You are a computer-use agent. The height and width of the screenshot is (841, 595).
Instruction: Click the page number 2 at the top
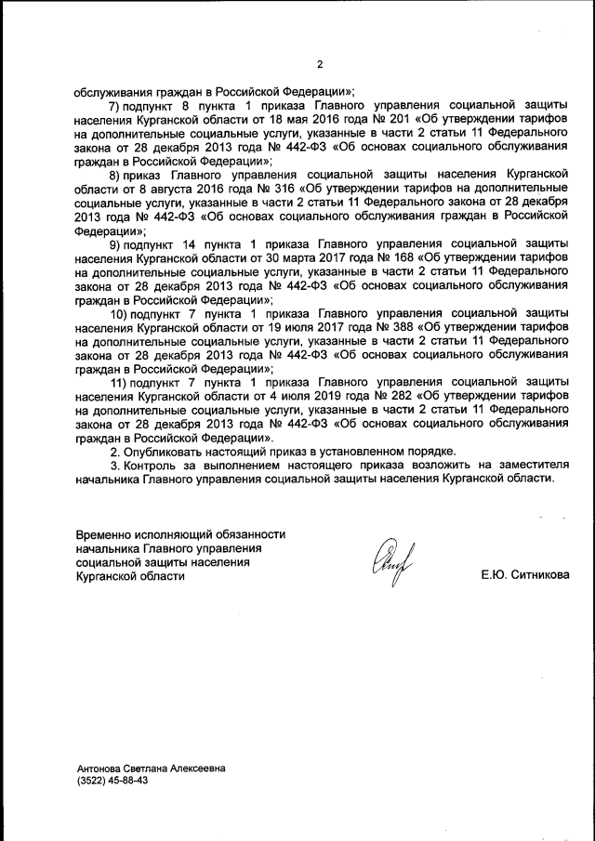click(x=319, y=64)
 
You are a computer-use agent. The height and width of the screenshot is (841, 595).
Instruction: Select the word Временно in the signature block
click(x=106, y=533)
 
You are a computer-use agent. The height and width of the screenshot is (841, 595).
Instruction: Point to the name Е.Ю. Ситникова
click(x=525, y=575)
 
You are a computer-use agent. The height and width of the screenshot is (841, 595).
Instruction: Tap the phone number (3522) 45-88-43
click(x=112, y=781)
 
